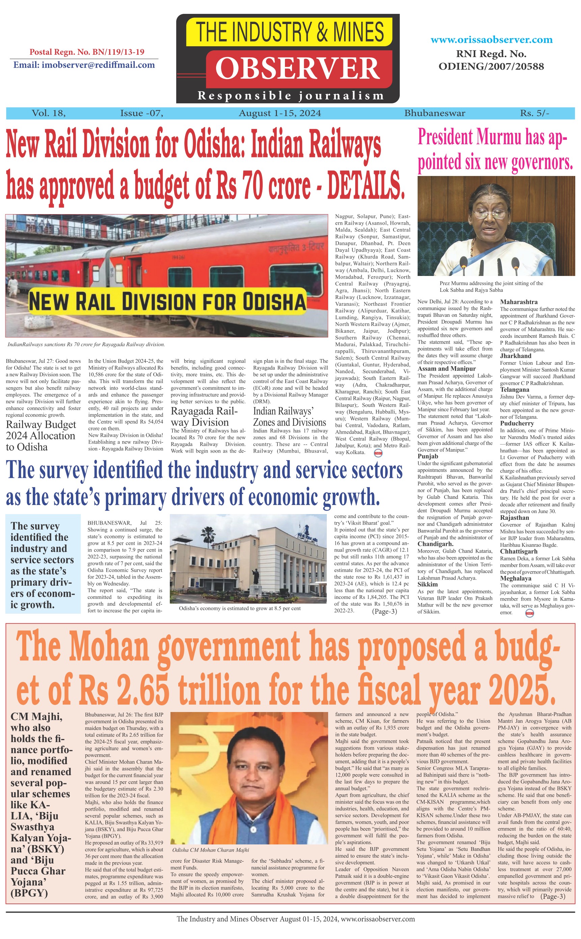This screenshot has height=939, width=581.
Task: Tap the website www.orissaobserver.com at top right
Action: click(492, 40)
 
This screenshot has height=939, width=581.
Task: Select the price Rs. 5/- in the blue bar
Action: click(534, 113)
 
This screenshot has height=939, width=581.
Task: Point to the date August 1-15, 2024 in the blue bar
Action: click(280, 113)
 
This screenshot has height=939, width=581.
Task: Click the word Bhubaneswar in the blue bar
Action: click(434, 113)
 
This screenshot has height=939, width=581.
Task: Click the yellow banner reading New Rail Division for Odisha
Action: click(167, 301)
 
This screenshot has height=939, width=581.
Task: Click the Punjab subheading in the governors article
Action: click(428, 456)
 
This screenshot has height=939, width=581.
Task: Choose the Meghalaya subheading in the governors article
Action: click(515, 579)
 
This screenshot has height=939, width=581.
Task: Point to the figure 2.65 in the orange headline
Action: click(142, 689)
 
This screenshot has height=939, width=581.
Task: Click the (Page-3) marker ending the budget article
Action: click(553, 896)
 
